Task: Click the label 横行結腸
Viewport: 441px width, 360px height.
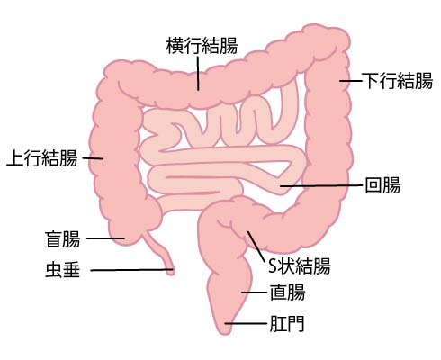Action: pyautogui.click(x=202, y=45)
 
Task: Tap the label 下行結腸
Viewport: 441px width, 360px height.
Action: pyautogui.click(x=397, y=80)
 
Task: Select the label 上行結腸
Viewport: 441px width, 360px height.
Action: pyautogui.click(x=42, y=157)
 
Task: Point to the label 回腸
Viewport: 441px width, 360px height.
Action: pyautogui.click(x=382, y=184)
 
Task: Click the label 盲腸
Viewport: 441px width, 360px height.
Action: pyautogui.click(x=63, y=238)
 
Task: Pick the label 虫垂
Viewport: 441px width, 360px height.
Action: pyautogui.click(x=63, y=269)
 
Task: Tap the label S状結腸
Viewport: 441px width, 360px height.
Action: pyautogui.click(x=299, y=265)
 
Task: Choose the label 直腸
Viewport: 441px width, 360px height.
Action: pyautogui.click(x=287, y=292)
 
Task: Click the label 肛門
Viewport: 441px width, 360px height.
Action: pyautogui.click(x=287, y=323)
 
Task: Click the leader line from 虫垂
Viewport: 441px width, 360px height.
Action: pyautogui.click(x=131, y=270)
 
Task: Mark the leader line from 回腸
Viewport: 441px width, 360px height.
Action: pyautogui.click(x=321, y=185)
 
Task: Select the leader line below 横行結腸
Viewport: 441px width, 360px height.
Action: pyautogui.click(x=198, y=74)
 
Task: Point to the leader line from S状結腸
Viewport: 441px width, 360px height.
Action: pyautogui.click(x=256, y=247)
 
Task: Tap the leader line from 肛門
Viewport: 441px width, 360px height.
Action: pyautogui.click(x=246, y=323)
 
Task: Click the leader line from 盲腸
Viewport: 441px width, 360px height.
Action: pyautogui.click(x=105, y=238)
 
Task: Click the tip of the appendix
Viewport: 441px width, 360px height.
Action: pyautogui.click(x=171, y=273)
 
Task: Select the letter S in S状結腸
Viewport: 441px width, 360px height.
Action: pyautogui.click(x=272, y=265)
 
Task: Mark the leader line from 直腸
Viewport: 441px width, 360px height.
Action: pyautogui.click(x=255, y=292)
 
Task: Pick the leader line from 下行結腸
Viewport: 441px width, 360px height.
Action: pyautogui.click(x=350, y=81)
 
